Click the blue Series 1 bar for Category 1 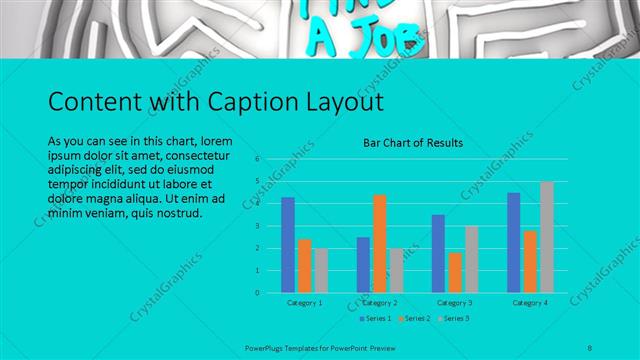[x=288, y=245]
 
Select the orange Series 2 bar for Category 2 [x=379, y=243]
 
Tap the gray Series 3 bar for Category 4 [x=546, y=237]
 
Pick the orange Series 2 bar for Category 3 [x=454, y=272]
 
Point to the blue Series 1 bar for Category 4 [x=513, y=242]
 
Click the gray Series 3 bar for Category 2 [x=395, y=270]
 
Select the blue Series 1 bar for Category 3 [x=438, y=253]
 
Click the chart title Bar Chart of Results [x=412, y=143]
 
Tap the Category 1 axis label [x=304, y=302]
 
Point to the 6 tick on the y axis [x=257, y=159]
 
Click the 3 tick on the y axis [x=257, y=226]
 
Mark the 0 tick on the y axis [x=257, y=293]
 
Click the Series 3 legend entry [x=452, y=318]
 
